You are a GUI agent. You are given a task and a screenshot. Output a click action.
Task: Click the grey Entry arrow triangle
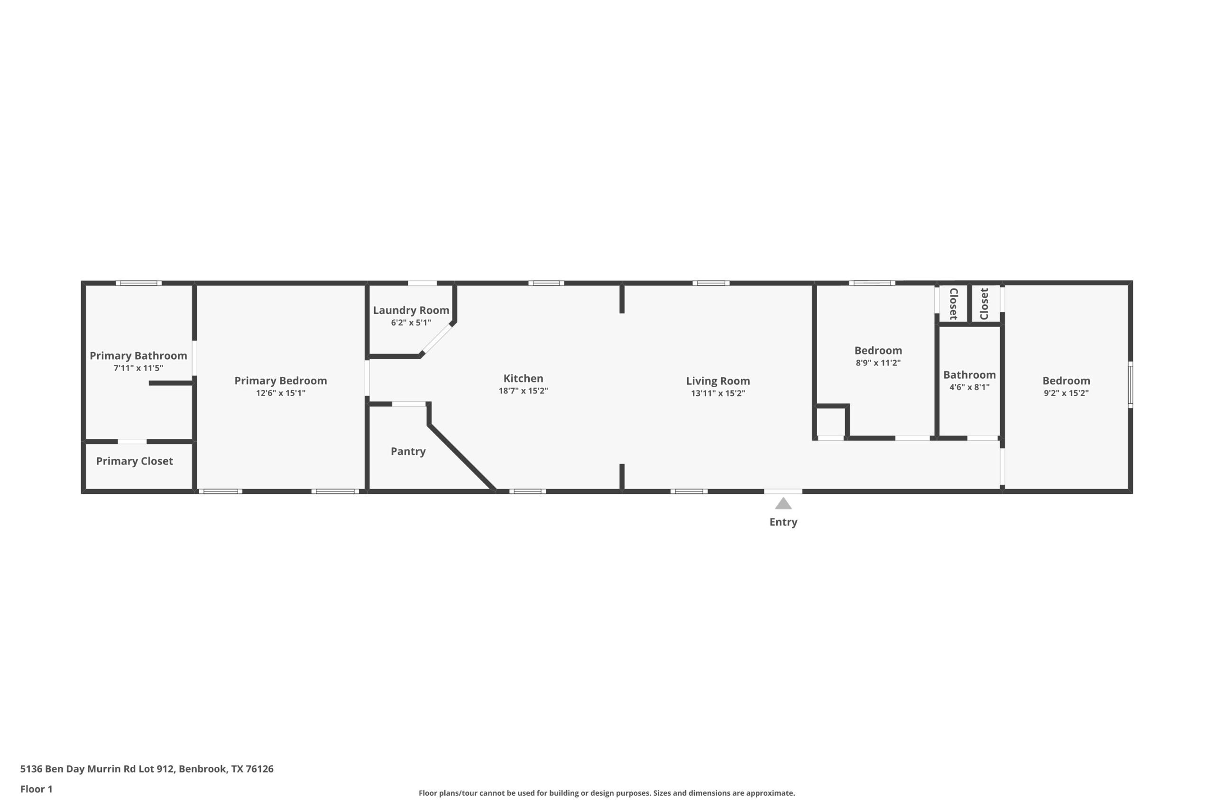point(783,504)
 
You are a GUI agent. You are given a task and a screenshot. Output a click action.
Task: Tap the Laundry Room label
point(411,310)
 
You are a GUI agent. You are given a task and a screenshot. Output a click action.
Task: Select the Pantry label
point(408,452)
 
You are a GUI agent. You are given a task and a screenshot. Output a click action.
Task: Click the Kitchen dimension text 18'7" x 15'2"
point(523,391)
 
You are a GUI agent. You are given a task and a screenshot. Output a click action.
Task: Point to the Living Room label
point(717,381)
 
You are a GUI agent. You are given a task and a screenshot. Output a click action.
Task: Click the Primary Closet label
point(134,461)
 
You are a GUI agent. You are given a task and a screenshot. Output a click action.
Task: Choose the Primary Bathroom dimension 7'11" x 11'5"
point(138,368)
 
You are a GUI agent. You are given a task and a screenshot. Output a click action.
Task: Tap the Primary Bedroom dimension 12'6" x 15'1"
point(280,393)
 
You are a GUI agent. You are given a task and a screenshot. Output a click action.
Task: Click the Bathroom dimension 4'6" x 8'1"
point(969,388)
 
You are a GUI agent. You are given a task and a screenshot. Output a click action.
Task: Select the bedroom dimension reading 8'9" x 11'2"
point(877,363)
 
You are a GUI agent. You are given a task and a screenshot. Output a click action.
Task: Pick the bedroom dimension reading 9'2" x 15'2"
point(1066,393)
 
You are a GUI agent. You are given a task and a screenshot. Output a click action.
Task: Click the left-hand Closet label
point(953,304)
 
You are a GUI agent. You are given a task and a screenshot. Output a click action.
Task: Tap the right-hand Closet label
point(984,304)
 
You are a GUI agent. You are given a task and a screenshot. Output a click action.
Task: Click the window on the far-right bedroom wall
point(1130,384)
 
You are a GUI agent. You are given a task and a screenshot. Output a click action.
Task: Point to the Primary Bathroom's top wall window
point(138,283)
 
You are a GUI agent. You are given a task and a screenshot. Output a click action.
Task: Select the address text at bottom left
point(147,769)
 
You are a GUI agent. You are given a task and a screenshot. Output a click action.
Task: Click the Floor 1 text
point(36,789)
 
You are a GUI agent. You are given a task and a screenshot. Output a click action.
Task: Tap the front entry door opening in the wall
point(783,491)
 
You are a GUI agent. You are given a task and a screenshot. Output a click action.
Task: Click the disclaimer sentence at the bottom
point(607,793)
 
